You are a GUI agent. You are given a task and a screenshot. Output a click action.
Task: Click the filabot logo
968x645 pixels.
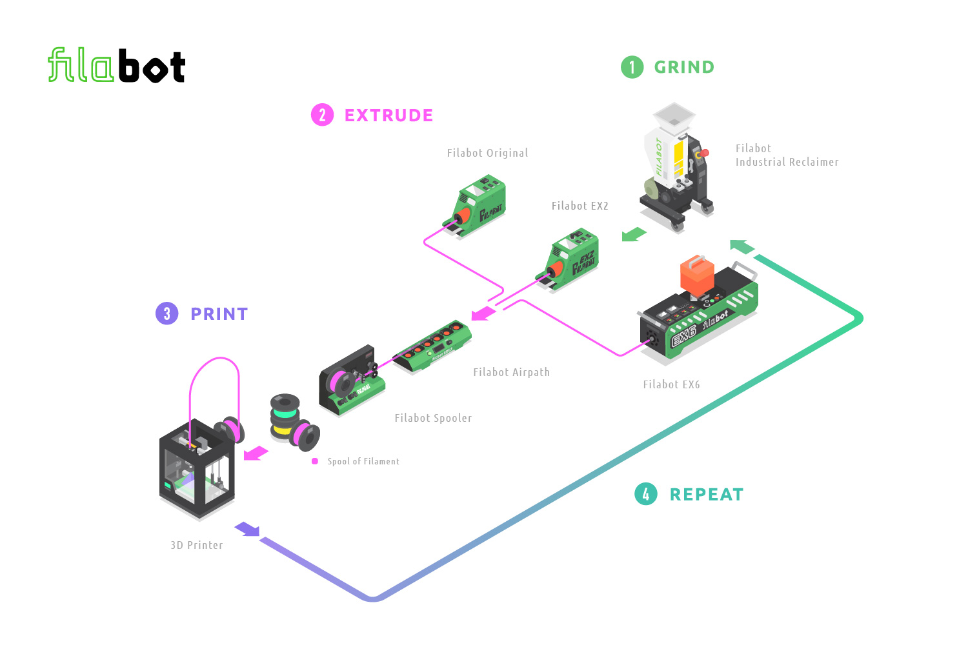(117, 66)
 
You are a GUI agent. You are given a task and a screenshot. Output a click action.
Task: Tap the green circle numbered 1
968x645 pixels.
(632, 67)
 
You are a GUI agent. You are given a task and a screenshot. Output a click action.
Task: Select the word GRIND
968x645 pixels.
(684, 67)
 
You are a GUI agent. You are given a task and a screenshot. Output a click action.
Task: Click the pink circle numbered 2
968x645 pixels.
(322, 115)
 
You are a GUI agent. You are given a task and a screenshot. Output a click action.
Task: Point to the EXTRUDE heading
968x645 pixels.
(388, 115)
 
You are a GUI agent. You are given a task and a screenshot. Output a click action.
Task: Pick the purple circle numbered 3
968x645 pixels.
(167, 314)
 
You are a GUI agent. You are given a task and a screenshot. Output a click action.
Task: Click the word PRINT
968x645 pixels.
(219, 314)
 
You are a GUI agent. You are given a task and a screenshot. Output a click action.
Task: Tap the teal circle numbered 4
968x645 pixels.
(646, 494)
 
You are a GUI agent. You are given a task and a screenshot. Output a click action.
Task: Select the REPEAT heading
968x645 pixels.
(707, 495)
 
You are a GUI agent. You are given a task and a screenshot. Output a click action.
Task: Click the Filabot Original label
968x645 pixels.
(487, 153)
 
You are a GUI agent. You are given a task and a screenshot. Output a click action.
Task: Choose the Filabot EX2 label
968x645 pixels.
(580, 206)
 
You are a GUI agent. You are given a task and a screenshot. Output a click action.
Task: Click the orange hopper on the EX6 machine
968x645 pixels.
(697, 275)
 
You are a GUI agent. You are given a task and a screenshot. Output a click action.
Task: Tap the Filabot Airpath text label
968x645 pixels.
(511, 372)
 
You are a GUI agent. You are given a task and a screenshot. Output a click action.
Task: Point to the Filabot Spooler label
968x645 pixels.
(433, 418)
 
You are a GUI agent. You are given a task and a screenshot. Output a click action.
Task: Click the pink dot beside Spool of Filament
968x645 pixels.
(315, 461)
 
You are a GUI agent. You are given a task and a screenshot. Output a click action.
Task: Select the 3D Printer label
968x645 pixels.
(197, 545)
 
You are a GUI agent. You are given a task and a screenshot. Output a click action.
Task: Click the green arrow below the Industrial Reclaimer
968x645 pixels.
(633, 234)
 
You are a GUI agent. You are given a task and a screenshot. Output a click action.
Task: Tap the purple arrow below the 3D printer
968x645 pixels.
(247, 530)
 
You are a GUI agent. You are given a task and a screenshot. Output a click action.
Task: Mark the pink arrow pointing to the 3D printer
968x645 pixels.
(256, 453)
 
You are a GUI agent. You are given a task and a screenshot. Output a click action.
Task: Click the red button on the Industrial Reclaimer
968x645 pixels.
(704, 153)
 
